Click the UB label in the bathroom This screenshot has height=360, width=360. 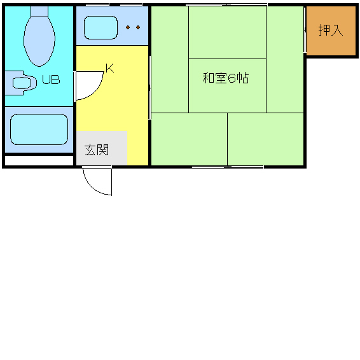(x=51, y=80)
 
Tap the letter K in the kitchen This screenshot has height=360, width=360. (x=110, y=68)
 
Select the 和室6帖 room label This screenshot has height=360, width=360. (x=225, y=78)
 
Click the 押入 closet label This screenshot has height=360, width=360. (x=331, y=30)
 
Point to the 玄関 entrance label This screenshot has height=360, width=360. (x=97, y=149)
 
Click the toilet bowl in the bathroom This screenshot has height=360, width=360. (x=39, y=41)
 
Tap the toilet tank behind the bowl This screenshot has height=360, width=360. (x=39, y=11)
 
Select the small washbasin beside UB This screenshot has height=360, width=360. (x=22, y=83)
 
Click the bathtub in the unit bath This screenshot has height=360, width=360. (x=39, y=130)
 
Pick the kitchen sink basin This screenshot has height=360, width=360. (x=100, y=27)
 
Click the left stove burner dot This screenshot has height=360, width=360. (x=128, y=27)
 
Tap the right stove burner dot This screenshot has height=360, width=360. (x=138, y=27)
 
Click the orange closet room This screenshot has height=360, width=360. (x=331, y=31)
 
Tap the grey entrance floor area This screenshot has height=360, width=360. (x=102, y=148)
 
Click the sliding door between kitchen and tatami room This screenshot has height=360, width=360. (x=149, y=87)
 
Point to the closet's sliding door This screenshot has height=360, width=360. (x=305, y=30)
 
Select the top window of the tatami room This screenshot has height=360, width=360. (x=226, y=5)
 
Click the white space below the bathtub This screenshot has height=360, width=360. (x=39, y=160)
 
